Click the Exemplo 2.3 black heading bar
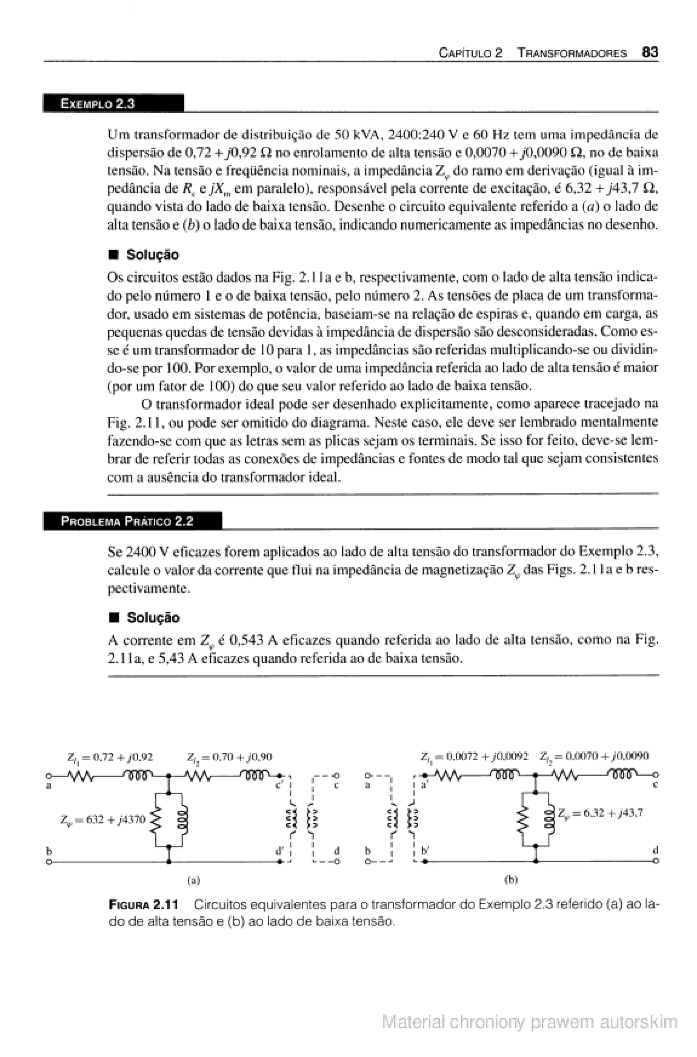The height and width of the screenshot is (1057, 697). click(x=113, y=103)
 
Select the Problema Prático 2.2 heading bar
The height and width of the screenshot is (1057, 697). click(x=132, y=521)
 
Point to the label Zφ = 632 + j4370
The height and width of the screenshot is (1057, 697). click(x=103, y=819)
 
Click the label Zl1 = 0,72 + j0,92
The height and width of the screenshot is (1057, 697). click(x=110, y=757)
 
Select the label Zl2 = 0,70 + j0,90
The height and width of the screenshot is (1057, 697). click(x=229, y=757)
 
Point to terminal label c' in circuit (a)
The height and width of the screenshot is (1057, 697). click(x=279, y=785)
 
